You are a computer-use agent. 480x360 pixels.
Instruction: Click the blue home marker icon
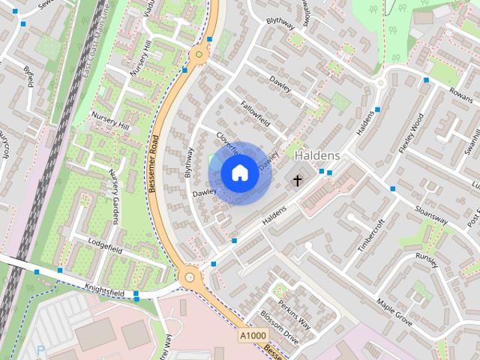[238, 173]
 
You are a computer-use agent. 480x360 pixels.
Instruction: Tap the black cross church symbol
[297, 180]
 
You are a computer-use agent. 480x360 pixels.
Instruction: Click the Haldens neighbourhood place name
[318, 155]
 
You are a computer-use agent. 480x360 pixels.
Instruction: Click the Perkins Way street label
[294, 313]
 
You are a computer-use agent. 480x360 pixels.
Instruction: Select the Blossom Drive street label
[279, 325]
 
